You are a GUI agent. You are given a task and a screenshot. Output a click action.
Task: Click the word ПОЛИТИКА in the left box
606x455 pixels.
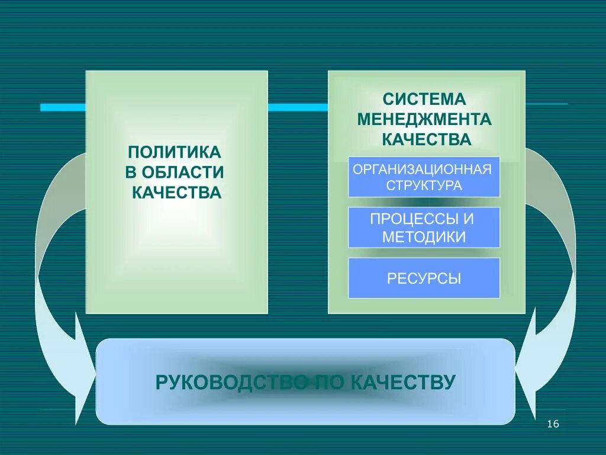[x=175, y=152]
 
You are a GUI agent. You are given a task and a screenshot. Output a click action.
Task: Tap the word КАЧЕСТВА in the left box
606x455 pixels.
[x=176, y=193]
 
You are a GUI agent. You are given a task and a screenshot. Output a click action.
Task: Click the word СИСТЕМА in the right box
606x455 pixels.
[x=424, y=99]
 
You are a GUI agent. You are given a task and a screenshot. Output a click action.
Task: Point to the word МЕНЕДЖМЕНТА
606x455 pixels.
[x=424, y=120]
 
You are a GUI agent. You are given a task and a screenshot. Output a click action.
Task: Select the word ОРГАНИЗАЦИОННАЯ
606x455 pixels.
[x=423, y=169]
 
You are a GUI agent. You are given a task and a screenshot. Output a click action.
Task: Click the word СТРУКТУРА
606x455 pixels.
[x=424, y=185]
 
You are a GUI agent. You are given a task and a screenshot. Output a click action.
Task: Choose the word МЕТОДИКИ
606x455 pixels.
[x=424, y=237]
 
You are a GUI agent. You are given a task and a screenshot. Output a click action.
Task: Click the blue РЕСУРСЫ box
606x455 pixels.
[x=424, y=278]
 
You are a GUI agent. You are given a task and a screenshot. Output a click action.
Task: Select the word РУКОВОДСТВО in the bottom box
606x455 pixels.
[x=231, y=382]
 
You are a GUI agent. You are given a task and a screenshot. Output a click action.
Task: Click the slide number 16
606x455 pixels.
[x=553, y=424]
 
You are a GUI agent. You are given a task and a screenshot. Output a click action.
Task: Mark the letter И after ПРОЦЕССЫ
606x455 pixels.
[x=468, y=219]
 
